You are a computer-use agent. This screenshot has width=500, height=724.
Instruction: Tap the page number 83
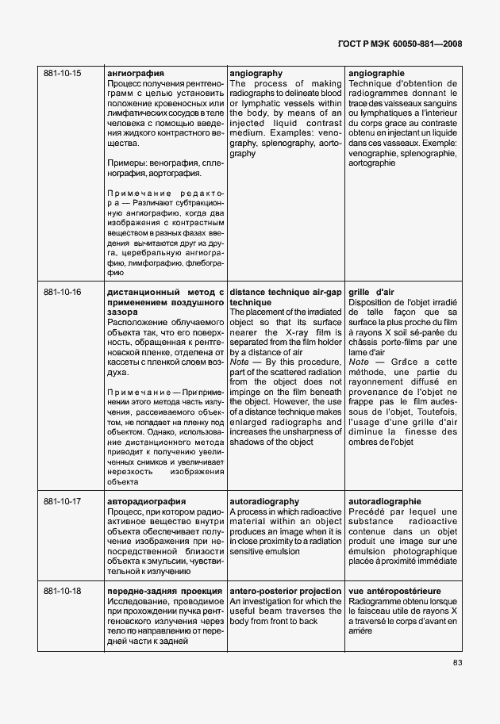457,663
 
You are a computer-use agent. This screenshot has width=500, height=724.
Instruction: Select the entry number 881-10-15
62,74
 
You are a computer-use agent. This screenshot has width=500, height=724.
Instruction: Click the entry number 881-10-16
62,293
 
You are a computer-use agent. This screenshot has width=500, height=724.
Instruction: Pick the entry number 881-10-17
62,502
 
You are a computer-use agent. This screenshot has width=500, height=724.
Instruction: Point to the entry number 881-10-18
62,592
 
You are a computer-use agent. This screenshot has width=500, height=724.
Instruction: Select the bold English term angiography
256,74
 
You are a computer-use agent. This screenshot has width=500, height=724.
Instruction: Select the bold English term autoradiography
263,502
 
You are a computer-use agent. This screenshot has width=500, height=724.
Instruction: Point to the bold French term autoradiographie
385,502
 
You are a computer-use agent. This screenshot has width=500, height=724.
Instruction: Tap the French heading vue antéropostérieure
394,592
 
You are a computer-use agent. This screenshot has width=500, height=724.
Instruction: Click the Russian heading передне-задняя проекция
163,592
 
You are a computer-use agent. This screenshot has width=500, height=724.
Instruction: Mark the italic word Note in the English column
239,362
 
